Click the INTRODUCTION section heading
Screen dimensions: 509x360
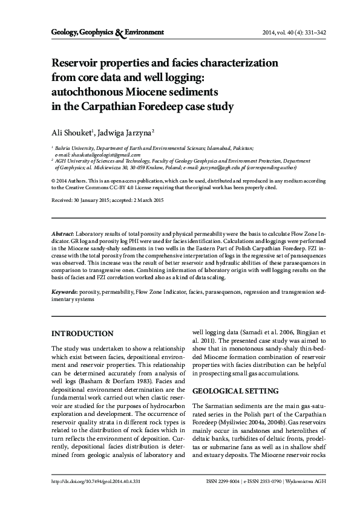point(82,333)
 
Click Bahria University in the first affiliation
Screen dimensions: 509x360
point(76,148)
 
